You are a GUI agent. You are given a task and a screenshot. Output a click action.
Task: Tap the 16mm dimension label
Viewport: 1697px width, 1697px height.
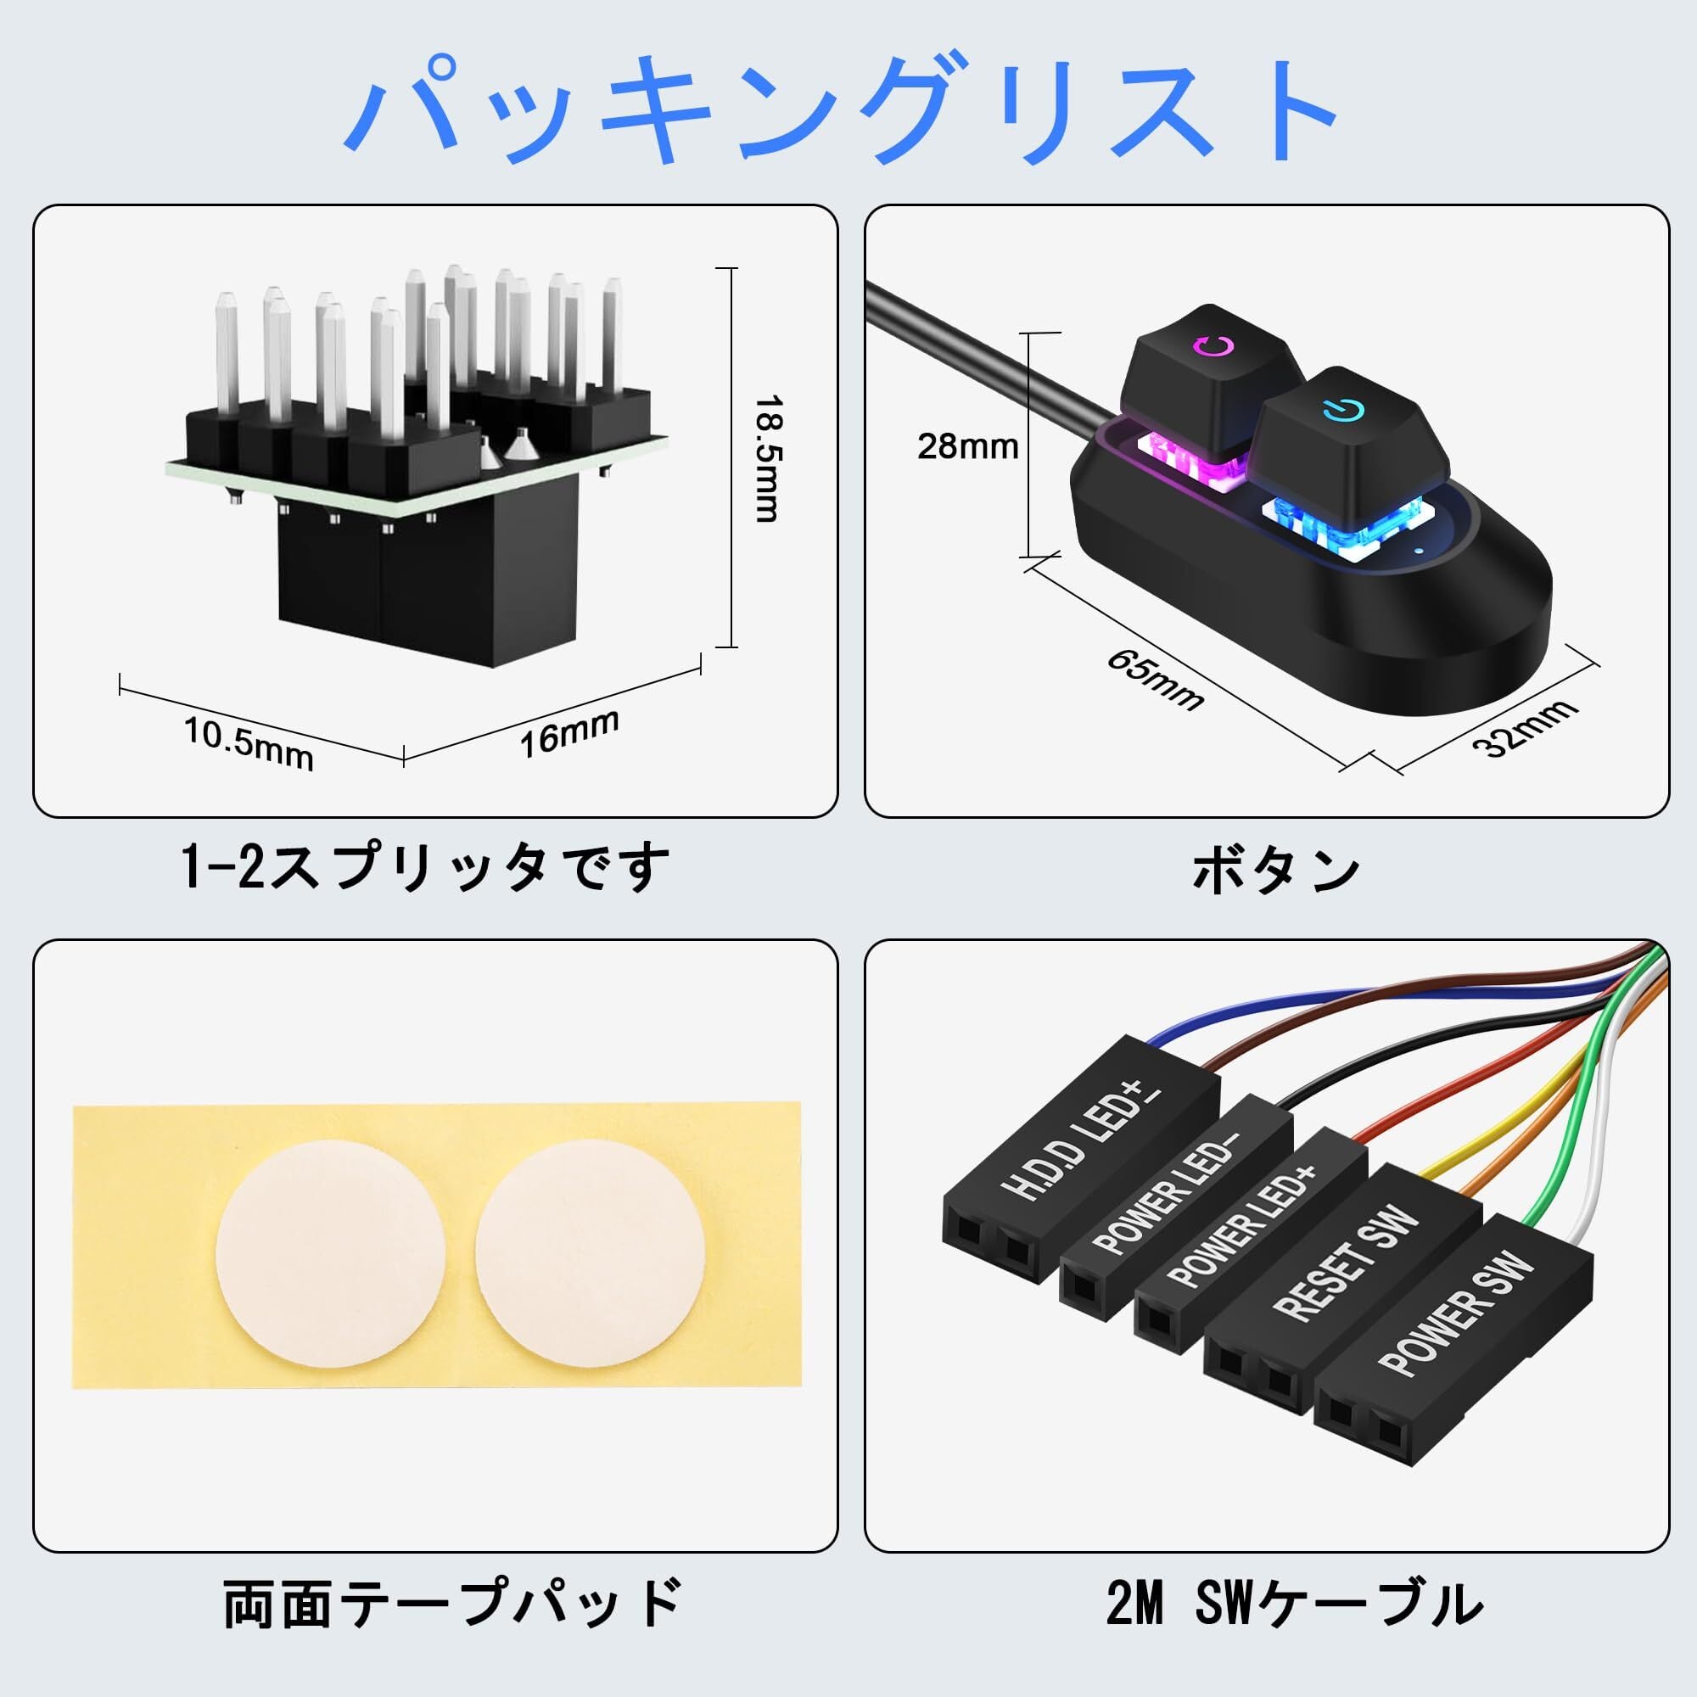coord(570,732)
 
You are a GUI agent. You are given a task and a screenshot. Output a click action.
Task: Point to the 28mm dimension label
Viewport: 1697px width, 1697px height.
coord(967,446)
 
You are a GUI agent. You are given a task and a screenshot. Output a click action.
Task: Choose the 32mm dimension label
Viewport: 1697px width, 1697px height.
coord(1525,727)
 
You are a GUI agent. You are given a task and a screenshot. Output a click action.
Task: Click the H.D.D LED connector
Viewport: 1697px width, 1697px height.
coord(1080,1159)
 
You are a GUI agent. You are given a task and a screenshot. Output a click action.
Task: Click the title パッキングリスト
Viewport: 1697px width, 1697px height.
coord(842,109)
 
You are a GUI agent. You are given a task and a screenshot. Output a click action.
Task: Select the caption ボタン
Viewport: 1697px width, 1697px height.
coord(1275,871)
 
